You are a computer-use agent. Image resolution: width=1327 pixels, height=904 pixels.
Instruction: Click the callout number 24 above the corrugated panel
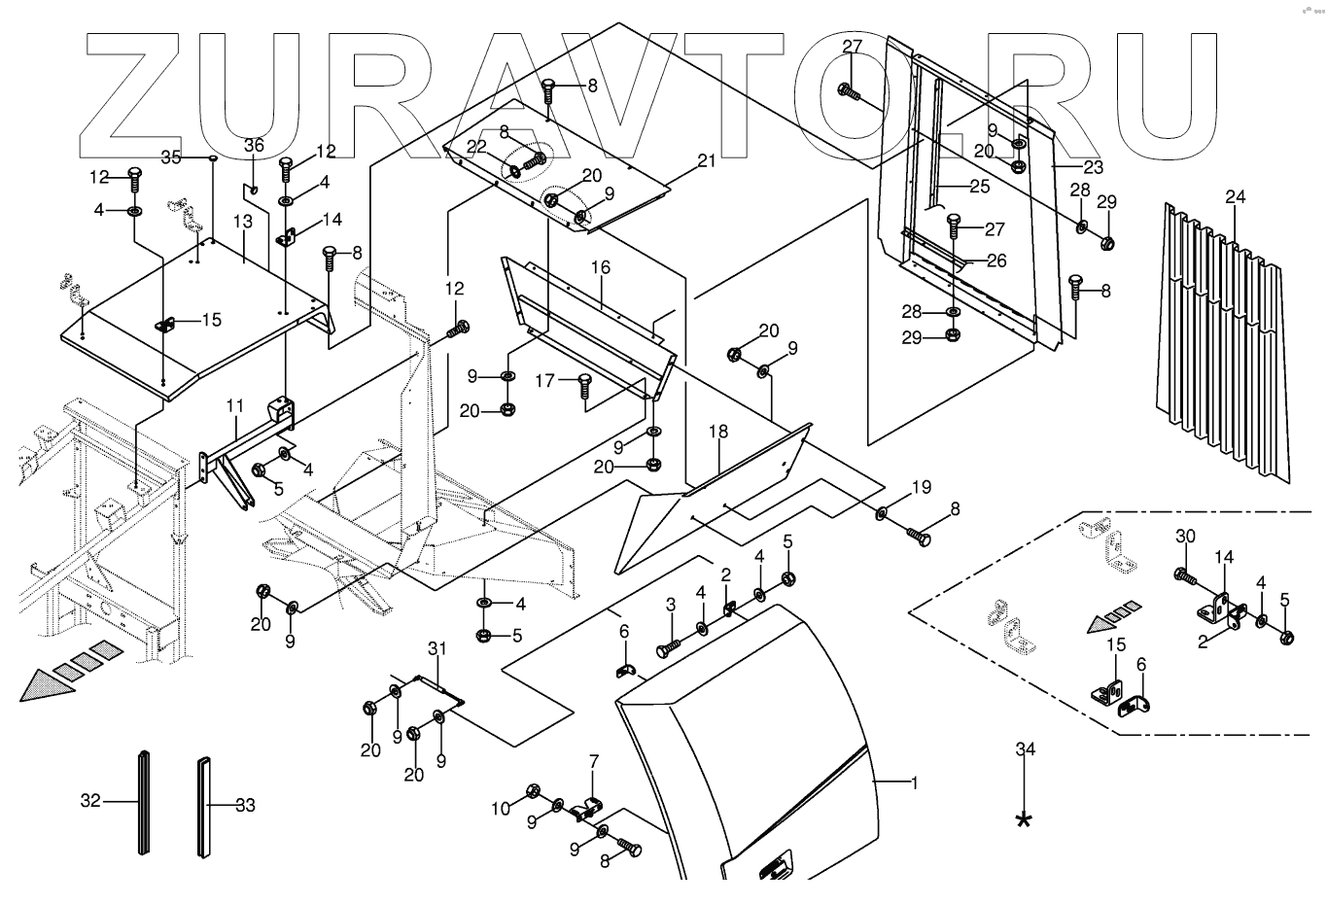1235,197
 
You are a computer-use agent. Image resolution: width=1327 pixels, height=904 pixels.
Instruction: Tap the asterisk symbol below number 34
1024,819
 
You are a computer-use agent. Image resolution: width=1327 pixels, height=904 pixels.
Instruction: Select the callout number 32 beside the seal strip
90,802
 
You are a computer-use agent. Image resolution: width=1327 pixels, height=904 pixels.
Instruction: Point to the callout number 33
245,805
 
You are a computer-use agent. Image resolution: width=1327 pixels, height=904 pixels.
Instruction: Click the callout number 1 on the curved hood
913,782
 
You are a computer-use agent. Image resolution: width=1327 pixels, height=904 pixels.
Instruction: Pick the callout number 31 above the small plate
437,648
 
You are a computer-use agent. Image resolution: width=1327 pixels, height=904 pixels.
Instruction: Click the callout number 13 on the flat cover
242,222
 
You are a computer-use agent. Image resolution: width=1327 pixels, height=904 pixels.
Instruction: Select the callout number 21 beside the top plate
707,160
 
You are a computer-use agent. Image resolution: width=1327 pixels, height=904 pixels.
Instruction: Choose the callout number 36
254,145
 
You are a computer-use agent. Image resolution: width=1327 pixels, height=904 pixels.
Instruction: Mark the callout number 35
171,156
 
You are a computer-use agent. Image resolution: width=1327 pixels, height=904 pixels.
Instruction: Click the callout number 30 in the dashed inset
1185,536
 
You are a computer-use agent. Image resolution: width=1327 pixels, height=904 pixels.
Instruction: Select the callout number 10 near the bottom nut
500,808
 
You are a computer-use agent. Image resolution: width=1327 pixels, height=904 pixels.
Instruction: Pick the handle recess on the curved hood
775,865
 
